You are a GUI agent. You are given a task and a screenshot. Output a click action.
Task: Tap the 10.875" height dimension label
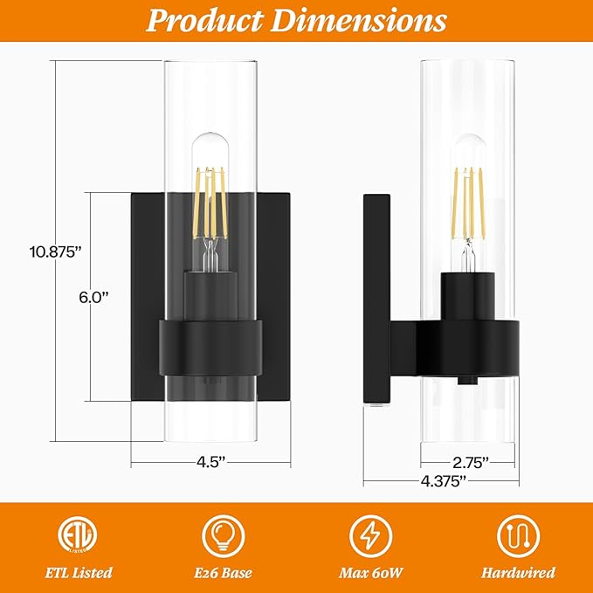click(x=54, y=250)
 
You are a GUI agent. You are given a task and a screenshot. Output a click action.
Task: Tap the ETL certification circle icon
click(x=77, y=534)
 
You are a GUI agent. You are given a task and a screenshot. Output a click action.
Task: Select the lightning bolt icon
click(x=369, y=534)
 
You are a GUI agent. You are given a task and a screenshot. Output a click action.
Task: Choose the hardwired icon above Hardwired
click(x=516, y=534)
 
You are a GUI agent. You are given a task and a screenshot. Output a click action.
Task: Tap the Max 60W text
click(x=369, y=574)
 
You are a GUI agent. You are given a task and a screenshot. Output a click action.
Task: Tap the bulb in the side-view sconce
click(x=470, y=197)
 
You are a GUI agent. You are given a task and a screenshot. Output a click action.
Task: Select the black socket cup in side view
click(x=470, y=297)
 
